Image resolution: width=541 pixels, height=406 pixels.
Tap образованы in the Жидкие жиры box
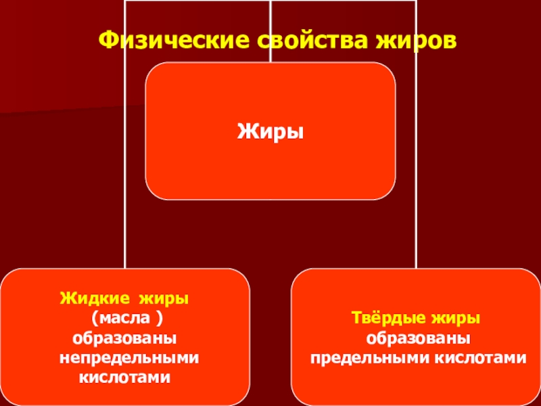[125, 337]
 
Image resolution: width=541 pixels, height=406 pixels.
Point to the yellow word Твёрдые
[383, 317]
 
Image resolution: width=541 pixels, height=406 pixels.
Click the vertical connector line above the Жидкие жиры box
[125, 230]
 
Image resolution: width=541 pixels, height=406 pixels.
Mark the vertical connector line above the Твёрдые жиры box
[417, 230]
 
